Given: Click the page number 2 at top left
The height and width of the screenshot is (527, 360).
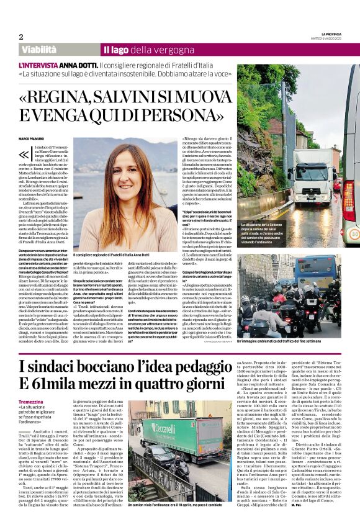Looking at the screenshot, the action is click(x=21, y=37).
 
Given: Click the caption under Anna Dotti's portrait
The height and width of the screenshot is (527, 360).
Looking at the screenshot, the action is click(x=112, y=254).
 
